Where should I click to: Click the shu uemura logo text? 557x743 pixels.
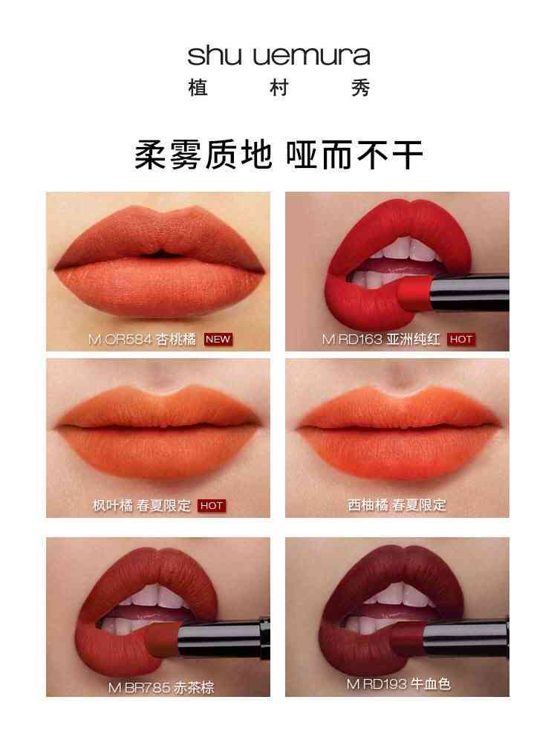click(278, 56)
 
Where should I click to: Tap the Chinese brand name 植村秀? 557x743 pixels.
click(278, 88)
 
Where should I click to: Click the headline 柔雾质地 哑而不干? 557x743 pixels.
click(278, 155)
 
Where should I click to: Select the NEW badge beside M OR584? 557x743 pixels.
click(218, 340)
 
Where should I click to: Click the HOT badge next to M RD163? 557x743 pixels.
click(461, 340)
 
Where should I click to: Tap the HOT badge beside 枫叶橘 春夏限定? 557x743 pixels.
click(211, 505)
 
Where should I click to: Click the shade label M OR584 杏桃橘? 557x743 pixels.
click(142, 340)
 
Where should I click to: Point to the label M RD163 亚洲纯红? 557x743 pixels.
click(381, 340)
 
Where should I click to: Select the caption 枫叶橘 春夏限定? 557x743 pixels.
click(141, 505)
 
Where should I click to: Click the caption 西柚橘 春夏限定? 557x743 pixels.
click(397, 505)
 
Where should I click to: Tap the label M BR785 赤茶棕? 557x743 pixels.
click(161, 687)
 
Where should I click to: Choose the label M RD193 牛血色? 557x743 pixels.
click(398, 684)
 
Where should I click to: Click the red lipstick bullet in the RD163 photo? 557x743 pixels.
click(415, 292)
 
